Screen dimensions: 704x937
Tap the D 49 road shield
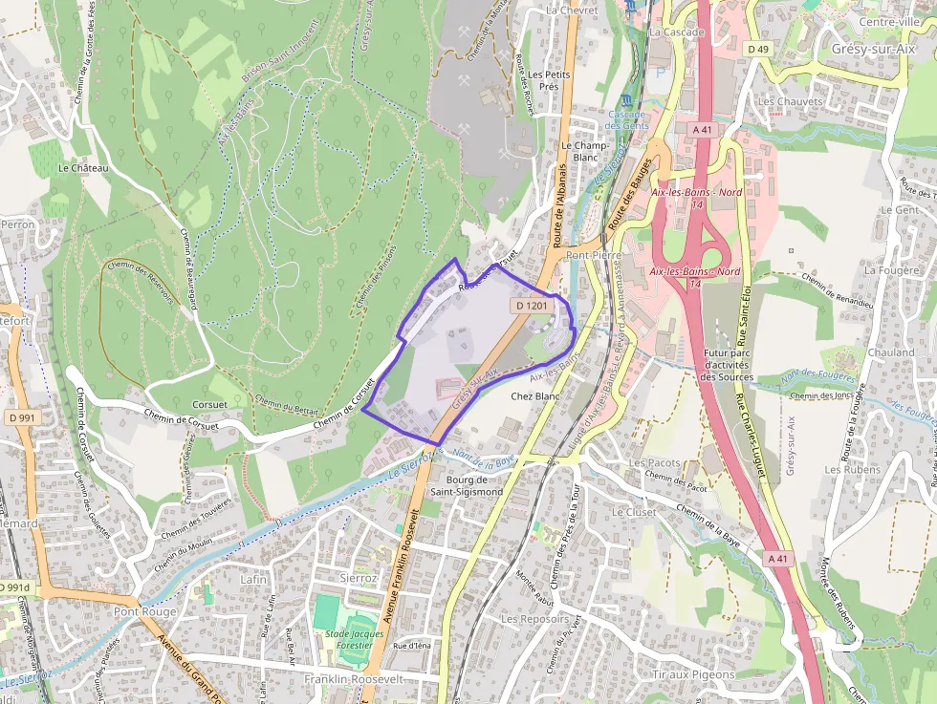tap(758, 49)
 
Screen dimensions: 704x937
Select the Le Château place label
tap(83, 167)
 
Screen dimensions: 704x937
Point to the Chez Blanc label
tap(535, 395)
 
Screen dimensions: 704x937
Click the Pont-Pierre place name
tap(594, 256)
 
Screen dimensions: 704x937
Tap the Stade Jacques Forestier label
tap(354, 640)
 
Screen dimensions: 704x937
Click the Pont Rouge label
tap(145, 611)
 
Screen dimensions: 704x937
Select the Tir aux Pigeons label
tap(693, 674)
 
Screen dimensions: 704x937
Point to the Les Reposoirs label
tap(534, 619)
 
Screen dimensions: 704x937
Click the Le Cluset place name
tap(634, 512)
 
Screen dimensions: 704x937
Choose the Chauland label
tap(891, 352)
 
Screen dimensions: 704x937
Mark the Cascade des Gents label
tap(627, 120)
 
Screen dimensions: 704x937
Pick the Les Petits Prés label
tap(549, 79)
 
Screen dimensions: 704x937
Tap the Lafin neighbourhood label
tap(253, 579)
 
